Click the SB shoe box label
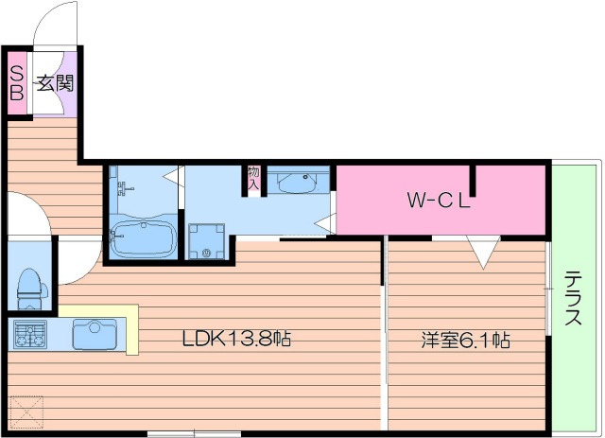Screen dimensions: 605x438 [x=17, y=82]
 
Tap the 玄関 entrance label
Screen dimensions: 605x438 [x=55, y=83]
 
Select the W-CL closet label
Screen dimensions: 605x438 [x=439, y=200]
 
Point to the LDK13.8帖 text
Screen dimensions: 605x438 [x=236, y=339]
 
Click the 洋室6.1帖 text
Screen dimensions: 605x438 [x=465, y=341]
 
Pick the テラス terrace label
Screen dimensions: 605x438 [x=574, y=298]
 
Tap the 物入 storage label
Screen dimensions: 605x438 [x=253, y=178]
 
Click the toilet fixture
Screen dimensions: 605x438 [x=31, y=289]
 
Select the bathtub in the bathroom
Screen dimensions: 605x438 [x=143, y=236]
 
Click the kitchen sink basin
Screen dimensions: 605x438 [x=95, y=333]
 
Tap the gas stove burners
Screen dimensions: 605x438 [x=30, y=334]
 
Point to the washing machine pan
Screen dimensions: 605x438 [x=207, y=241]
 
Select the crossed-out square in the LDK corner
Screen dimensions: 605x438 [x=26, y=412]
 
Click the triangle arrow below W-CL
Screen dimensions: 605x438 [x=483, y=253]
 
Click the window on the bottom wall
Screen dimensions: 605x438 [x=194, y=434]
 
